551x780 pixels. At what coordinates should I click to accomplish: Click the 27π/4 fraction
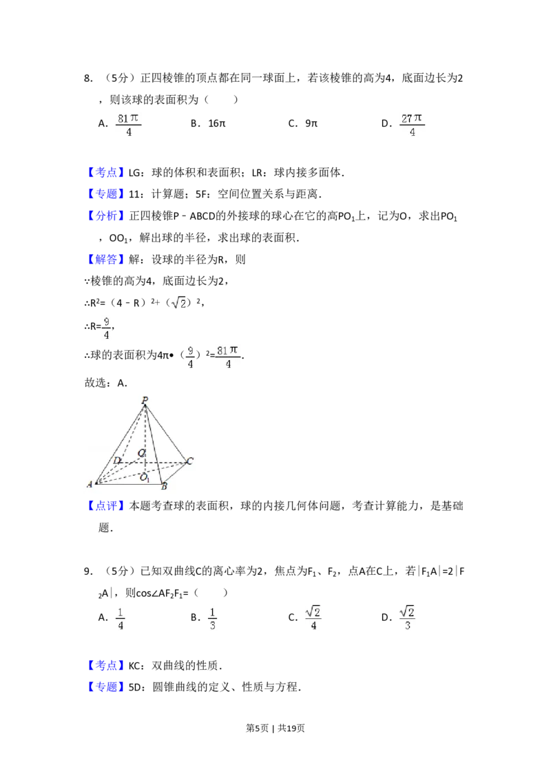413,124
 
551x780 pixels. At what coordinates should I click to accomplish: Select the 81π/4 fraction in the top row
127,124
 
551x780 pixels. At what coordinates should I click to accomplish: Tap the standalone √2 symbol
179,302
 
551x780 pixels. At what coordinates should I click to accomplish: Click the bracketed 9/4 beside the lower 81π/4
190,357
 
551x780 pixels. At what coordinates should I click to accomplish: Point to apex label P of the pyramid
145,400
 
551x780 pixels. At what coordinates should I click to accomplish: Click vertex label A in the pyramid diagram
90,485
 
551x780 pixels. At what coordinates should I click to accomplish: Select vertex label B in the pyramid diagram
164,487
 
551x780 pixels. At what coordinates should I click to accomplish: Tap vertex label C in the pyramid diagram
189,461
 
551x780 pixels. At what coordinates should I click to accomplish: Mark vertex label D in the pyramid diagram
116,461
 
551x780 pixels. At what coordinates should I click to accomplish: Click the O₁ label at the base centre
145,478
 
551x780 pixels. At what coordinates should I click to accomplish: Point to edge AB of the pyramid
127,484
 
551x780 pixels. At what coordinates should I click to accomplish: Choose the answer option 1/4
119,617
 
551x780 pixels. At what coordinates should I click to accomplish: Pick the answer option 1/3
212,617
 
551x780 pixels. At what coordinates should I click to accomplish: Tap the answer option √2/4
313,617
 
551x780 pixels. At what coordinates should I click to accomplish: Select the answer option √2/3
408,617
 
